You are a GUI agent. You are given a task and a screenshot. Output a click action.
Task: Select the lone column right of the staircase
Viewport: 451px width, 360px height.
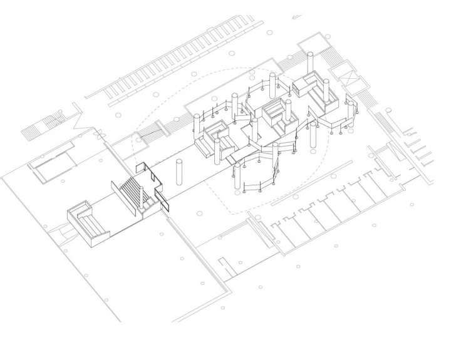point(180,173)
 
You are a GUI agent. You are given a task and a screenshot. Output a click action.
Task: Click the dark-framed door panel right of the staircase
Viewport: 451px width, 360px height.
point(165,202)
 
